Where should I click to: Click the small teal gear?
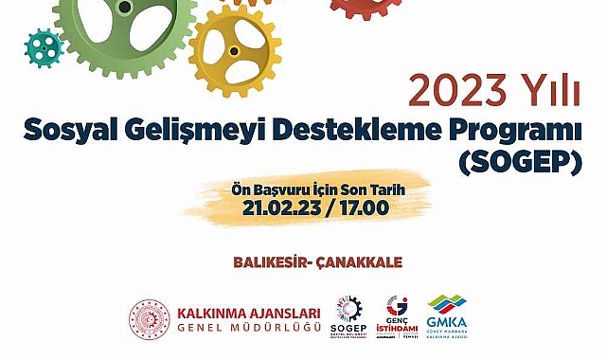click(42, 46)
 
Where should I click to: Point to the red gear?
click(366, 8)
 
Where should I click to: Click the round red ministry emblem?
click(149, 319)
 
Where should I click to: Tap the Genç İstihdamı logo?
click(397, 317)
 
